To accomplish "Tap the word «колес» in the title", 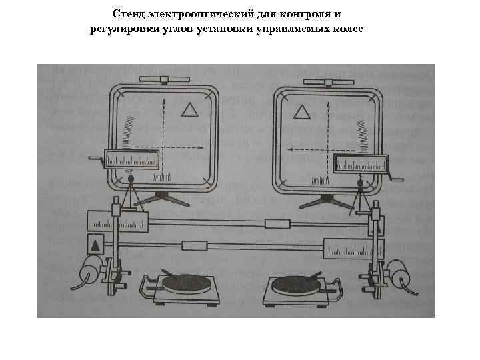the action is pyautogui.click(x=348, y=29).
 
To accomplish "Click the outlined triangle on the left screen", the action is pyautogui.click(x=191, y=110).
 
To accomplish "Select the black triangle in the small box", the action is pyautogui.click(x=95, y=245).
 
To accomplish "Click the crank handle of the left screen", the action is pyautogui.click(x=97, y=159).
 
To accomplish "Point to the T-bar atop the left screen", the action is pyautogui.click(x=163, y=79).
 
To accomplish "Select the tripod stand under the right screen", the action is pyautogui.click(x=325, y=201).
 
